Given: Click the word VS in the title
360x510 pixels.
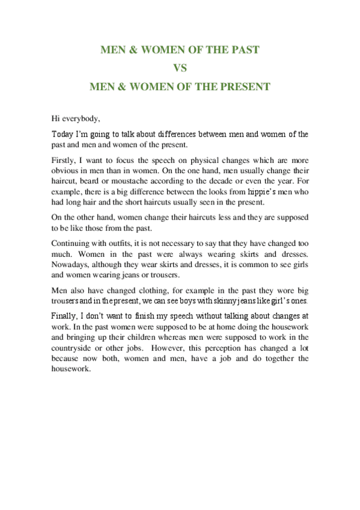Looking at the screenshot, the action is [180, 68].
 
